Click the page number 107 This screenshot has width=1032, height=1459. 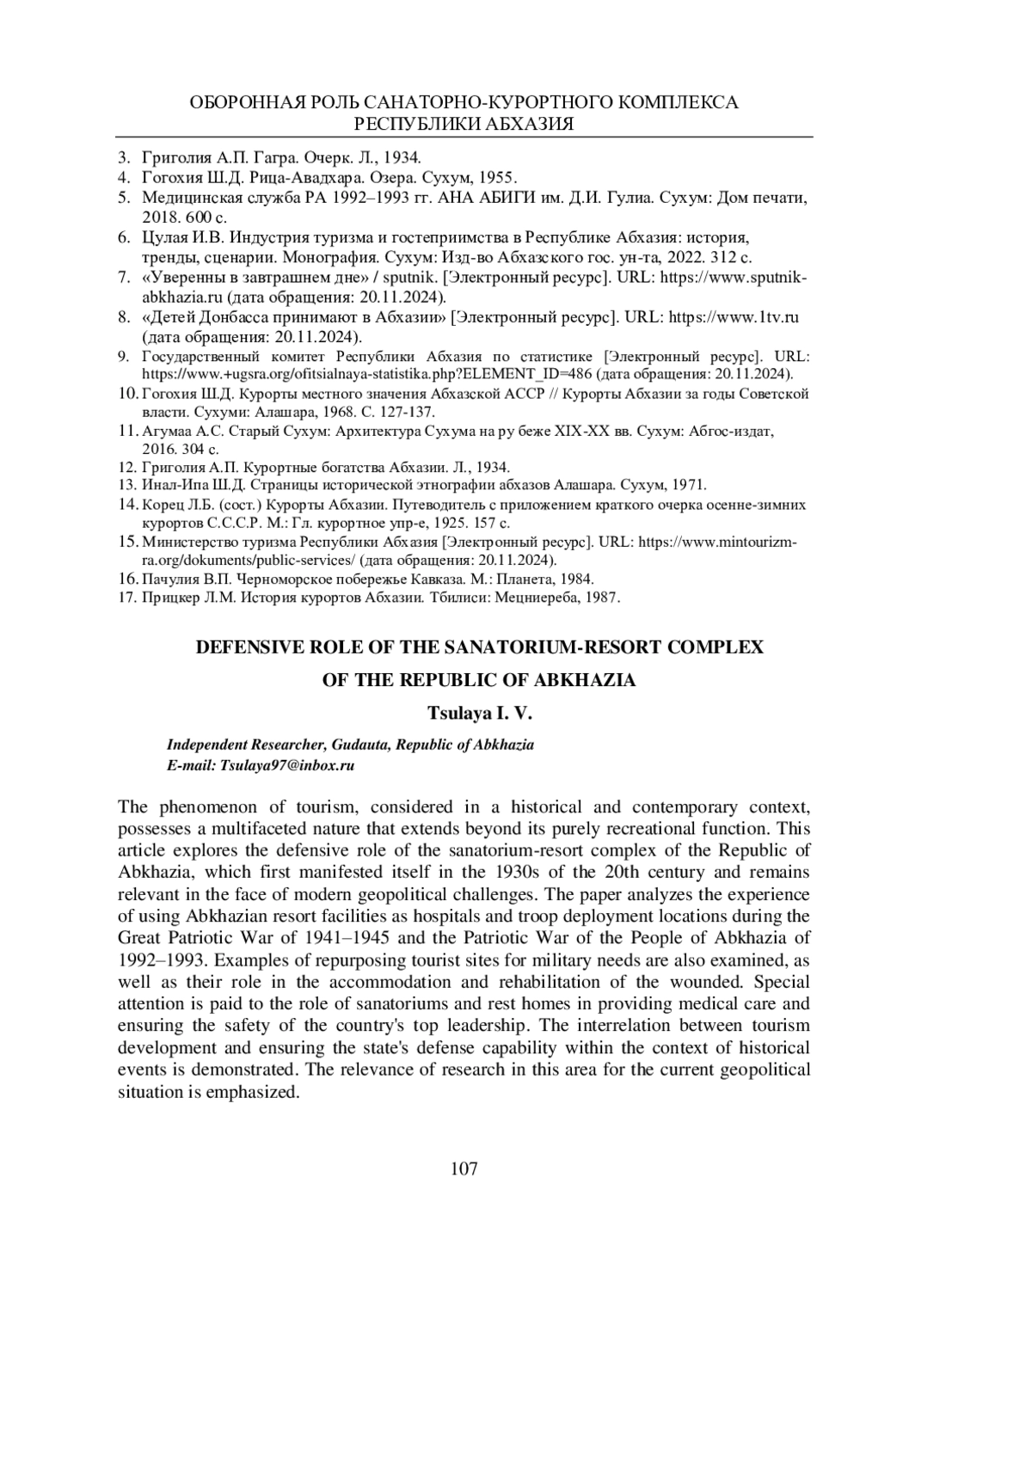point(464,1168)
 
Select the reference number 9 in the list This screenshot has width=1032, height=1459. point(123,356)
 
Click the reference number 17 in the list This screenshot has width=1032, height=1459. point(126,597)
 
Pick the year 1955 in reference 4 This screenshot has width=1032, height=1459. point(497,178)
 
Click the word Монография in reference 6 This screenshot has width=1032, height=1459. point(337,257)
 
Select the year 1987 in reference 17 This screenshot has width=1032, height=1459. point(601,597)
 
